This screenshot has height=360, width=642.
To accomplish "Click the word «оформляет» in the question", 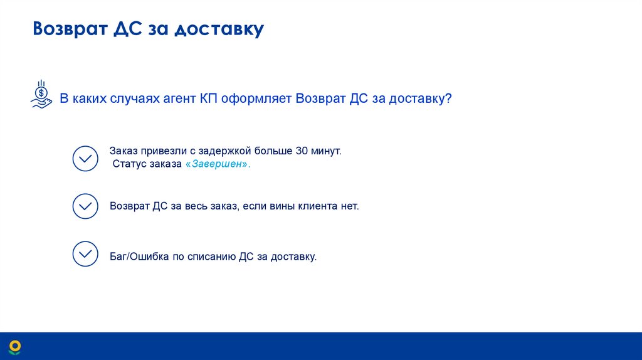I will (258, 99).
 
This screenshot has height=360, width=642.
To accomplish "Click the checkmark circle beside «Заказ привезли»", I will (85, 159).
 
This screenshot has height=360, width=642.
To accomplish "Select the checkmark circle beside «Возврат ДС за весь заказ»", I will (85, 206).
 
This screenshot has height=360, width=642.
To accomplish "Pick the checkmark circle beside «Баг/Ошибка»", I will (85, 254).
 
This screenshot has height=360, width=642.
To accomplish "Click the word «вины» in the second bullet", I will (281, 206).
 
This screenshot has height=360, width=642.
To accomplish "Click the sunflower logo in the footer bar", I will (14, 346).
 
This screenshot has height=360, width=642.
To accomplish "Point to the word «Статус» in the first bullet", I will (129, 164).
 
